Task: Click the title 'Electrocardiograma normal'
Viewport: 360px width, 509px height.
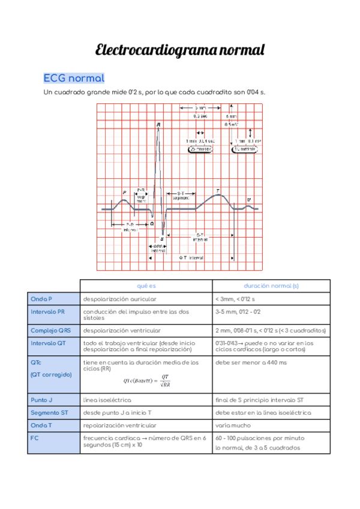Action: [180, 50]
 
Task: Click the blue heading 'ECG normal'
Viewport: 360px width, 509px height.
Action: [74, 79]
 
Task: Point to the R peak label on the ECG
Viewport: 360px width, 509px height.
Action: [158, 125]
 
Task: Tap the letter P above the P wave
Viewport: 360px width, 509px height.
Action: [125, 193]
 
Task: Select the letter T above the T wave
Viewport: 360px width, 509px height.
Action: [218, 190]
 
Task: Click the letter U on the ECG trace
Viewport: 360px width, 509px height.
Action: [249, 200]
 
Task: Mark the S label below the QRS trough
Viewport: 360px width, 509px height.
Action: [162, 238]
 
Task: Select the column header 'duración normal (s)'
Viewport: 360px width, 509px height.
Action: [271, 286]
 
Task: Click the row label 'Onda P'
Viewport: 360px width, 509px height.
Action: [41, 298]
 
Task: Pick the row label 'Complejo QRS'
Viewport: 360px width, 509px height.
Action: [50, 330]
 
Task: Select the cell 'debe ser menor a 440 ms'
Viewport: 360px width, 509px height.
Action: [251, 363]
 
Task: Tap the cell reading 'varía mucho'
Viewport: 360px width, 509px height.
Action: [233, 425]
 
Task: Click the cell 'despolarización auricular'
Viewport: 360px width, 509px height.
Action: [120, 298]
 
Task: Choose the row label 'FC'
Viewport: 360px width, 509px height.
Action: [34, 438]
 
